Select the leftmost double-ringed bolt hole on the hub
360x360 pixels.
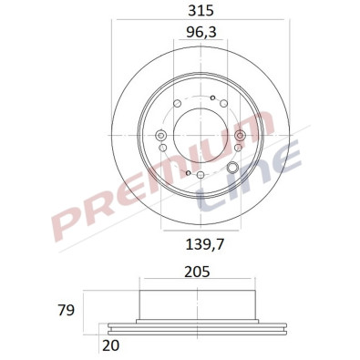[160, 137]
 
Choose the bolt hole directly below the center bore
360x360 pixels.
[199, 175]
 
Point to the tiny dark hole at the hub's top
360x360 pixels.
[211, 98]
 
